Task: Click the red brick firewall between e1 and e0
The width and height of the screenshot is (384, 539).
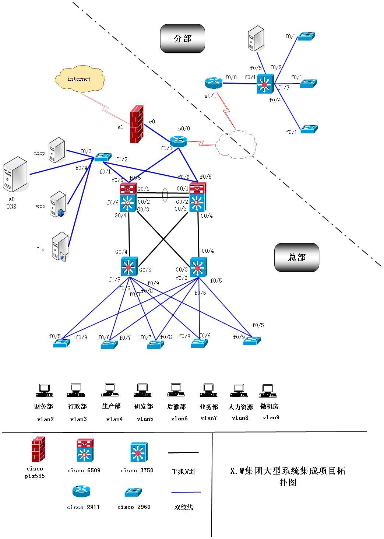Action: (137, 124)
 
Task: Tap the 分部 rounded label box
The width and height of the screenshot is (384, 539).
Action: (182, 39)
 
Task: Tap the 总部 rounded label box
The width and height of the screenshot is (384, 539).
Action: (296, 257)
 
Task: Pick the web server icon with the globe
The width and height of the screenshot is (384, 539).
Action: (58, 204)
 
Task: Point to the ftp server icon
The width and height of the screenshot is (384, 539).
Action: (60, 246)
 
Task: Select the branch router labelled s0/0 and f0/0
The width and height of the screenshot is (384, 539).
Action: (214, 82)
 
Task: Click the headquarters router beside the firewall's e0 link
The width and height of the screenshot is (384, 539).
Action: (179, 141)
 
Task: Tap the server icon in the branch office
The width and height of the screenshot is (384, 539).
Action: (256, 38)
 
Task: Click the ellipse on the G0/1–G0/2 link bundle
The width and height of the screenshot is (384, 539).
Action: (165, 195)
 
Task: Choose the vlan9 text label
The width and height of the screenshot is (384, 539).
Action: (271, 417)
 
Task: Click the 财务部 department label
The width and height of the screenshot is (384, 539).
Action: (43, 406)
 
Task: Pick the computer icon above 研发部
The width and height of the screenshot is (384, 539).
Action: (142, 390)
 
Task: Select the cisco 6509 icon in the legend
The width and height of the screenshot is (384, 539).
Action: (85, 450)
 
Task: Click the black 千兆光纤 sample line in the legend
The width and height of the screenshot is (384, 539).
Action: (183, 452)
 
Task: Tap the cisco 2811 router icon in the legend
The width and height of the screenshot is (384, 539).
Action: (81, 491)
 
